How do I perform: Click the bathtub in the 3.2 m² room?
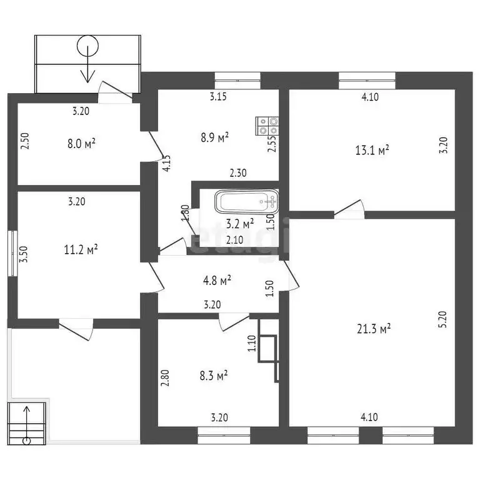247,202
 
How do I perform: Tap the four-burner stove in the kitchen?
267,126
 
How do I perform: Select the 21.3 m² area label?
374,329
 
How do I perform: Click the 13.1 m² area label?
372,150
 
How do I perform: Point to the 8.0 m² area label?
81,143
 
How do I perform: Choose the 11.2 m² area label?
81,249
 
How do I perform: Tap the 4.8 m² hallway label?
217,280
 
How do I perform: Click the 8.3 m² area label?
213,375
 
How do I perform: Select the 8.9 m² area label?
214,137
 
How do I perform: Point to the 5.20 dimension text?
443,319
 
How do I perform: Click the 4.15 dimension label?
167,164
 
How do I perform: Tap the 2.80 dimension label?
165,378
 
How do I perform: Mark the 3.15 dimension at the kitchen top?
218,97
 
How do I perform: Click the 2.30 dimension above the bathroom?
238,173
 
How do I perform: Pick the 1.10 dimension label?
252,344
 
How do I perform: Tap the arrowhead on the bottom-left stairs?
27,409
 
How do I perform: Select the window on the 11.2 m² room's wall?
12,253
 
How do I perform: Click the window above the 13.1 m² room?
367,81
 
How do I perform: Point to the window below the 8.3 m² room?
224,435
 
